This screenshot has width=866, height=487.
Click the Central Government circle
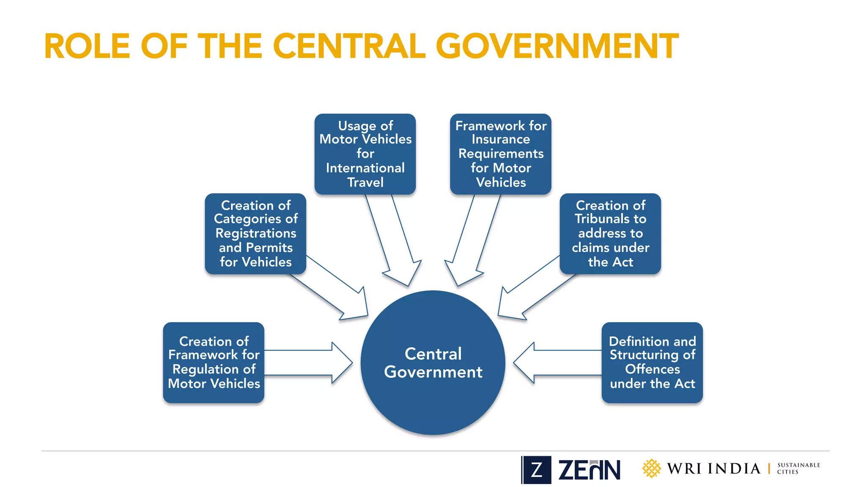[433, 362]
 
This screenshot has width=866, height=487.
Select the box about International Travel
[365, 154]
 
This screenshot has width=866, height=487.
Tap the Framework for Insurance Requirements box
[501, 154]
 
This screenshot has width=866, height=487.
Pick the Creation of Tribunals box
[610, 234]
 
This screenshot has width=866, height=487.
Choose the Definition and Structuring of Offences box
[652, 362]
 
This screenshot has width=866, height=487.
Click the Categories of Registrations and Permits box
[255, 234]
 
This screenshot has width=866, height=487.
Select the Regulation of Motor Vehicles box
[214, 362]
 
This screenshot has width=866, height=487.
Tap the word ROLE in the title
[87, 46]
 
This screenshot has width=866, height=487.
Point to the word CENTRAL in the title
[349, 46]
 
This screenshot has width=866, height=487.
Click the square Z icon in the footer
[536, 470]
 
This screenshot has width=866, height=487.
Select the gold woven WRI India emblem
[651, 468]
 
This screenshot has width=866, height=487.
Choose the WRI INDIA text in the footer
[714, 468]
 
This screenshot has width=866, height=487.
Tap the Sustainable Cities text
[798, 468]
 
